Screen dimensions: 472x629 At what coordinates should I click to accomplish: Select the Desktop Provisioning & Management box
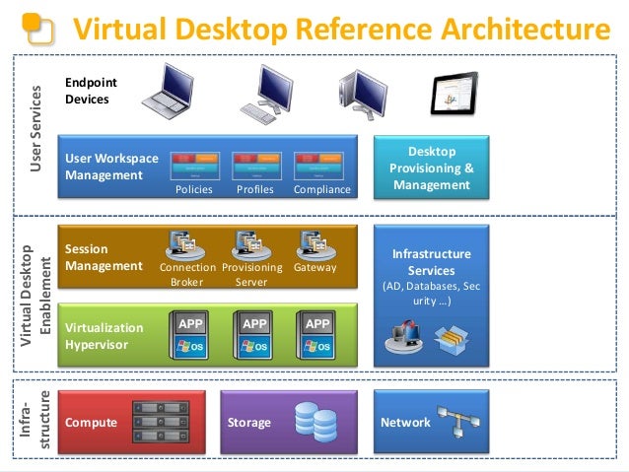point(431,169)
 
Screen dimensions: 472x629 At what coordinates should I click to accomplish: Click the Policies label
point(193,189)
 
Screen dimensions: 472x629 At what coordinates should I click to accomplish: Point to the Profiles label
point(255,189)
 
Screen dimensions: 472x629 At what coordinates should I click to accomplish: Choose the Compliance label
point(321,189)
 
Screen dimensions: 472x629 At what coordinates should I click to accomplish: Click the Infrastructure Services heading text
point(431,262)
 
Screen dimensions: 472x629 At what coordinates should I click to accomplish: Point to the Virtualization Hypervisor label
point(104,336)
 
